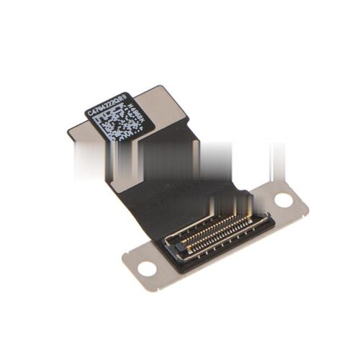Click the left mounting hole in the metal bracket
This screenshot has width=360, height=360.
pyautogui.click(x=147, y=269)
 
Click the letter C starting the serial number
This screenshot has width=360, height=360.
pyautogui.click(x=89, y=112)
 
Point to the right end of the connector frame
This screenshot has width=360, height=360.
pyautogui.click(x=268, y=217)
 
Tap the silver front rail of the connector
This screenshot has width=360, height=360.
pyautogui.click(x=230, y=241)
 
